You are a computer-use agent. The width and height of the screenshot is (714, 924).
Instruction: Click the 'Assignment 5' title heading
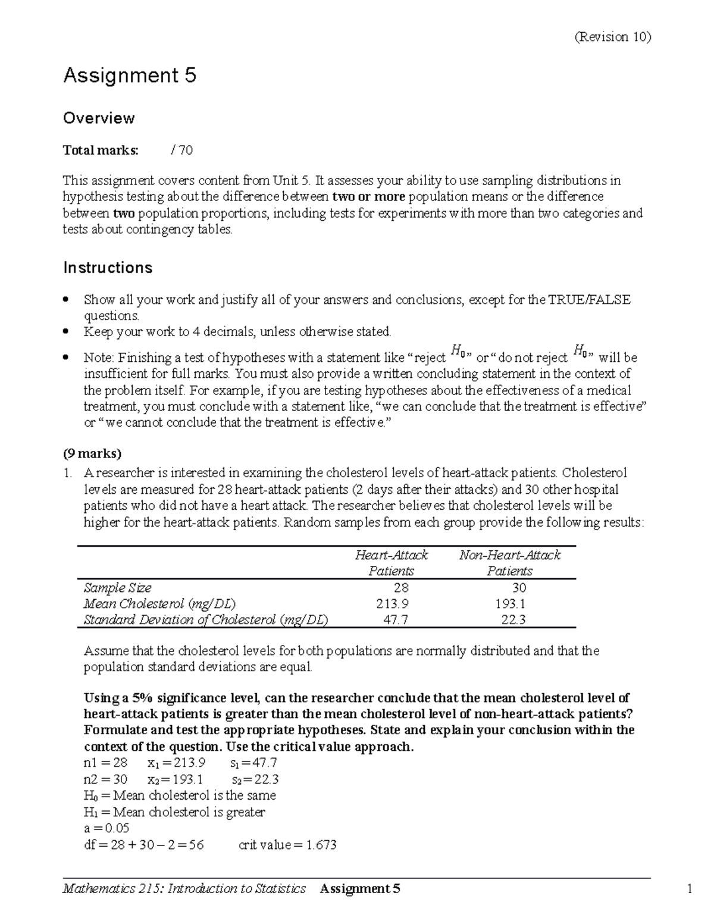(130, 76)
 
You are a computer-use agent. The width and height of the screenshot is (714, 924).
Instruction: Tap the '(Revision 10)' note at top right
(612, 37)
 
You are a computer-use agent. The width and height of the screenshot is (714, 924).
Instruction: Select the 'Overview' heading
(99, 118)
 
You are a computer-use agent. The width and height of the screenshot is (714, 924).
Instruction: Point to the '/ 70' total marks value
(181, 151)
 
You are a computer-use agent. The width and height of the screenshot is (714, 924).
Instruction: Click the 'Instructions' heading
(108, 268)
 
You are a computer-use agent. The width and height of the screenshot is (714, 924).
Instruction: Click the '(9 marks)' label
(92, 454)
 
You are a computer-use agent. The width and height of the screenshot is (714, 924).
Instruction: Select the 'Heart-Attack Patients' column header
(391, 563)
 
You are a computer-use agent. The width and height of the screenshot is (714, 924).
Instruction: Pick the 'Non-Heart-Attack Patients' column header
(509, 563)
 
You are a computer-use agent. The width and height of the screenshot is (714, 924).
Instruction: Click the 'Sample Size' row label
(117, 588)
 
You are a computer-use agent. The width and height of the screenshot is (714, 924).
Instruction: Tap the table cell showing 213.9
(392, 604)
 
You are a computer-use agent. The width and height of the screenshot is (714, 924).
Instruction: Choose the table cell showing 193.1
(510, 604)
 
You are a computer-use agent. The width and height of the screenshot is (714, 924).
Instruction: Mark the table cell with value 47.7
(394, 620)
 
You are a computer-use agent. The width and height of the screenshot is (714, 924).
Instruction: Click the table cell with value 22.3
(513, 620)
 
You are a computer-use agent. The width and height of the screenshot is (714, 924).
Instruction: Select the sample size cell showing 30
(519, 588)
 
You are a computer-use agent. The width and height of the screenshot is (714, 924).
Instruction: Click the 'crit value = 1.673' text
(287, 845)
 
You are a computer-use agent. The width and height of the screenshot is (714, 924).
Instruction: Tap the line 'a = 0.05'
(107, 828)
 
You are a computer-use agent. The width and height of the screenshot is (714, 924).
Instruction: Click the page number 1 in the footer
(690, 889)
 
